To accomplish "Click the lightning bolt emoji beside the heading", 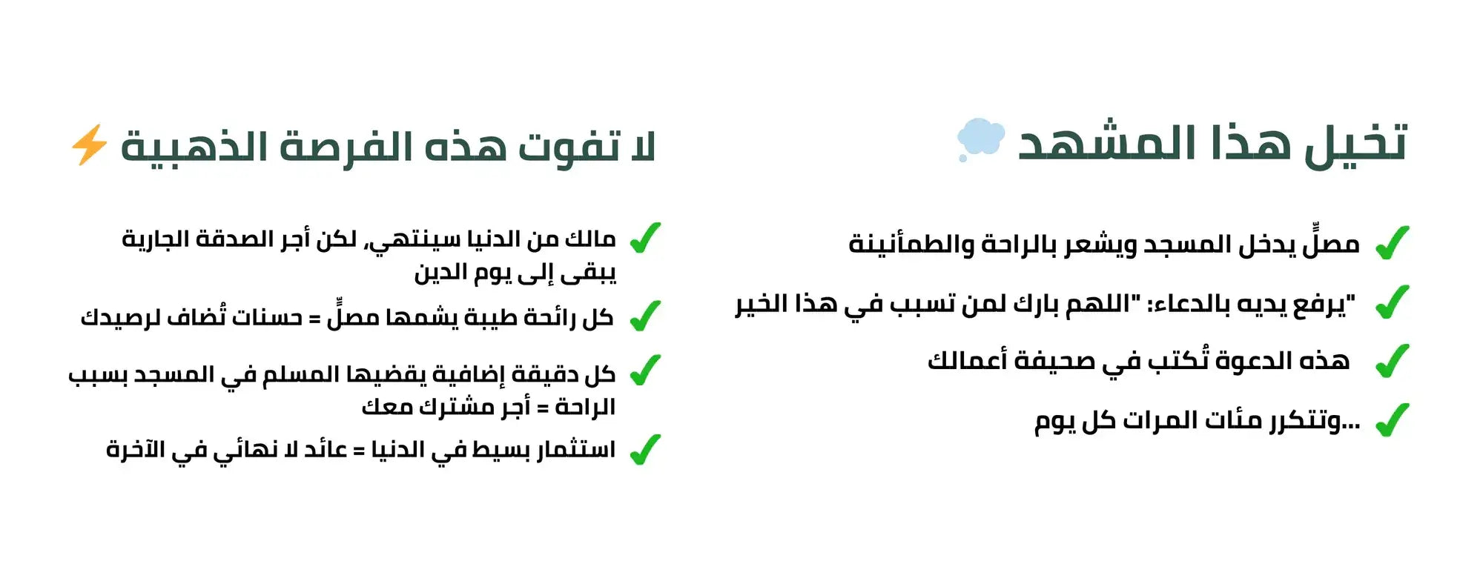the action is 89,145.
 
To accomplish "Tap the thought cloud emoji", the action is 980,139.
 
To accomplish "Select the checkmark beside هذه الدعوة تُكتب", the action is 1392,361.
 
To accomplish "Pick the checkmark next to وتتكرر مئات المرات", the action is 1392,419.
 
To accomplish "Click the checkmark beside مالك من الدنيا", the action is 644,238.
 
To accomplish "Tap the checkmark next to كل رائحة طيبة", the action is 644,316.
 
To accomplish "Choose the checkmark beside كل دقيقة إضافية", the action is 644,371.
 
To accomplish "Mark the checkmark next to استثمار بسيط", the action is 644,449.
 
